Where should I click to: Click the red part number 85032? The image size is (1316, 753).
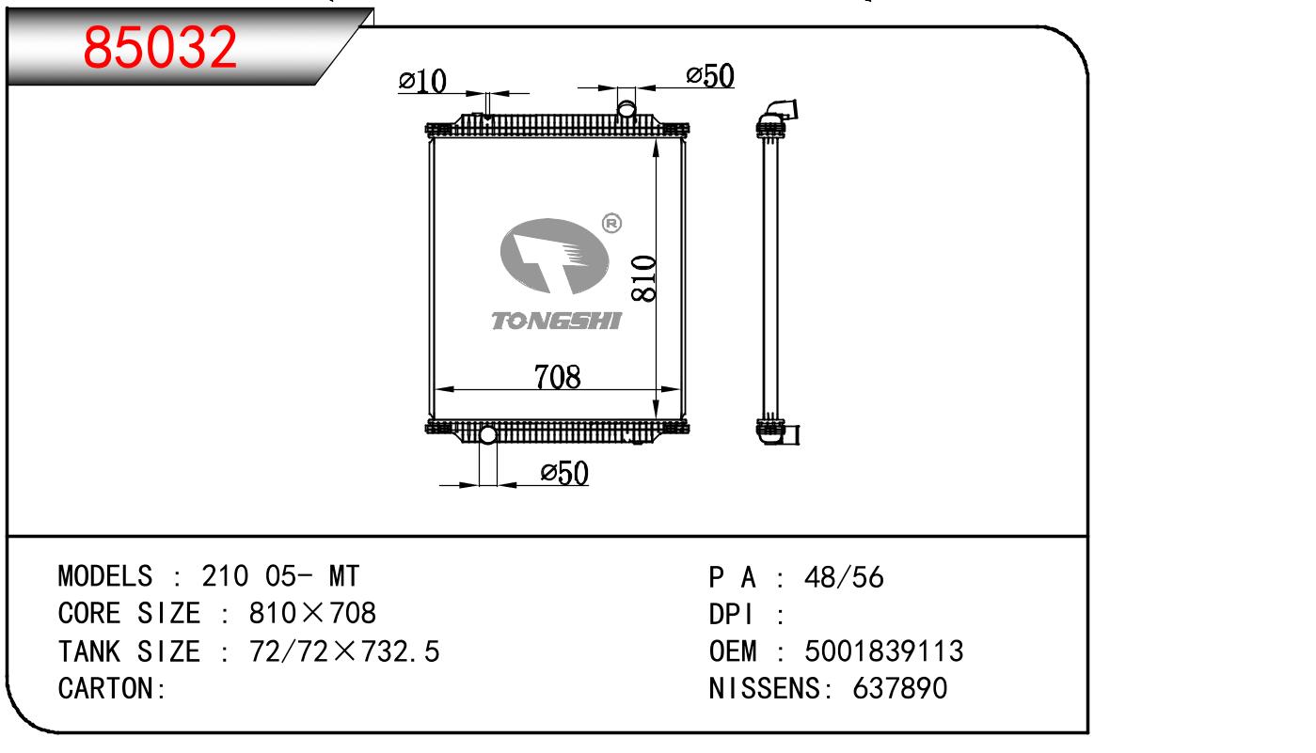point(160,47)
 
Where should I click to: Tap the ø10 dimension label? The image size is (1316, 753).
point(422,81)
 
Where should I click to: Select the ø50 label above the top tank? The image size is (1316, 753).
point(709,76)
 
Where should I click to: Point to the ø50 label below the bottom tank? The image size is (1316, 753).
point(564,473)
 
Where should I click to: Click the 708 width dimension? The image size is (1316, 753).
point(557,377)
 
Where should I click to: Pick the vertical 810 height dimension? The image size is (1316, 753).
point(644,279)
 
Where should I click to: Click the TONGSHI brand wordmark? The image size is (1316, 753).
point(556,322)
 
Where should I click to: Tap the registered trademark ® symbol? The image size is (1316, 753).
point(611,223)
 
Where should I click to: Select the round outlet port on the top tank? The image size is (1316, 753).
point(626,109)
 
